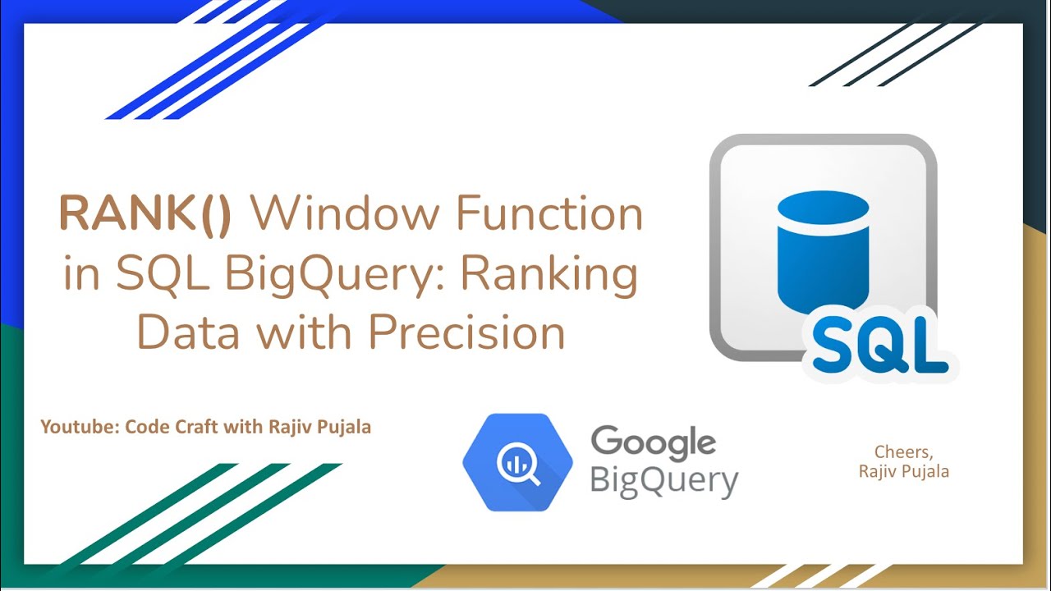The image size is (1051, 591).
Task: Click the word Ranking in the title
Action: (x=548, y=276)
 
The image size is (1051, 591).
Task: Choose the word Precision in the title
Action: (x=466, y=334)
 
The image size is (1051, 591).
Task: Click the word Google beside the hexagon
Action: (x=653, y=444)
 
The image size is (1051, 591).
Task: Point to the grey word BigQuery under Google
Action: (x=663, y=481)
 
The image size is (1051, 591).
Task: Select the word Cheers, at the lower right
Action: (x=904, y=452)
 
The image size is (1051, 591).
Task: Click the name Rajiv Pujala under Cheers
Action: (x=904, y=471)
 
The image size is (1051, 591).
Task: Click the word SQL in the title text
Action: (x=154, y=276)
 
